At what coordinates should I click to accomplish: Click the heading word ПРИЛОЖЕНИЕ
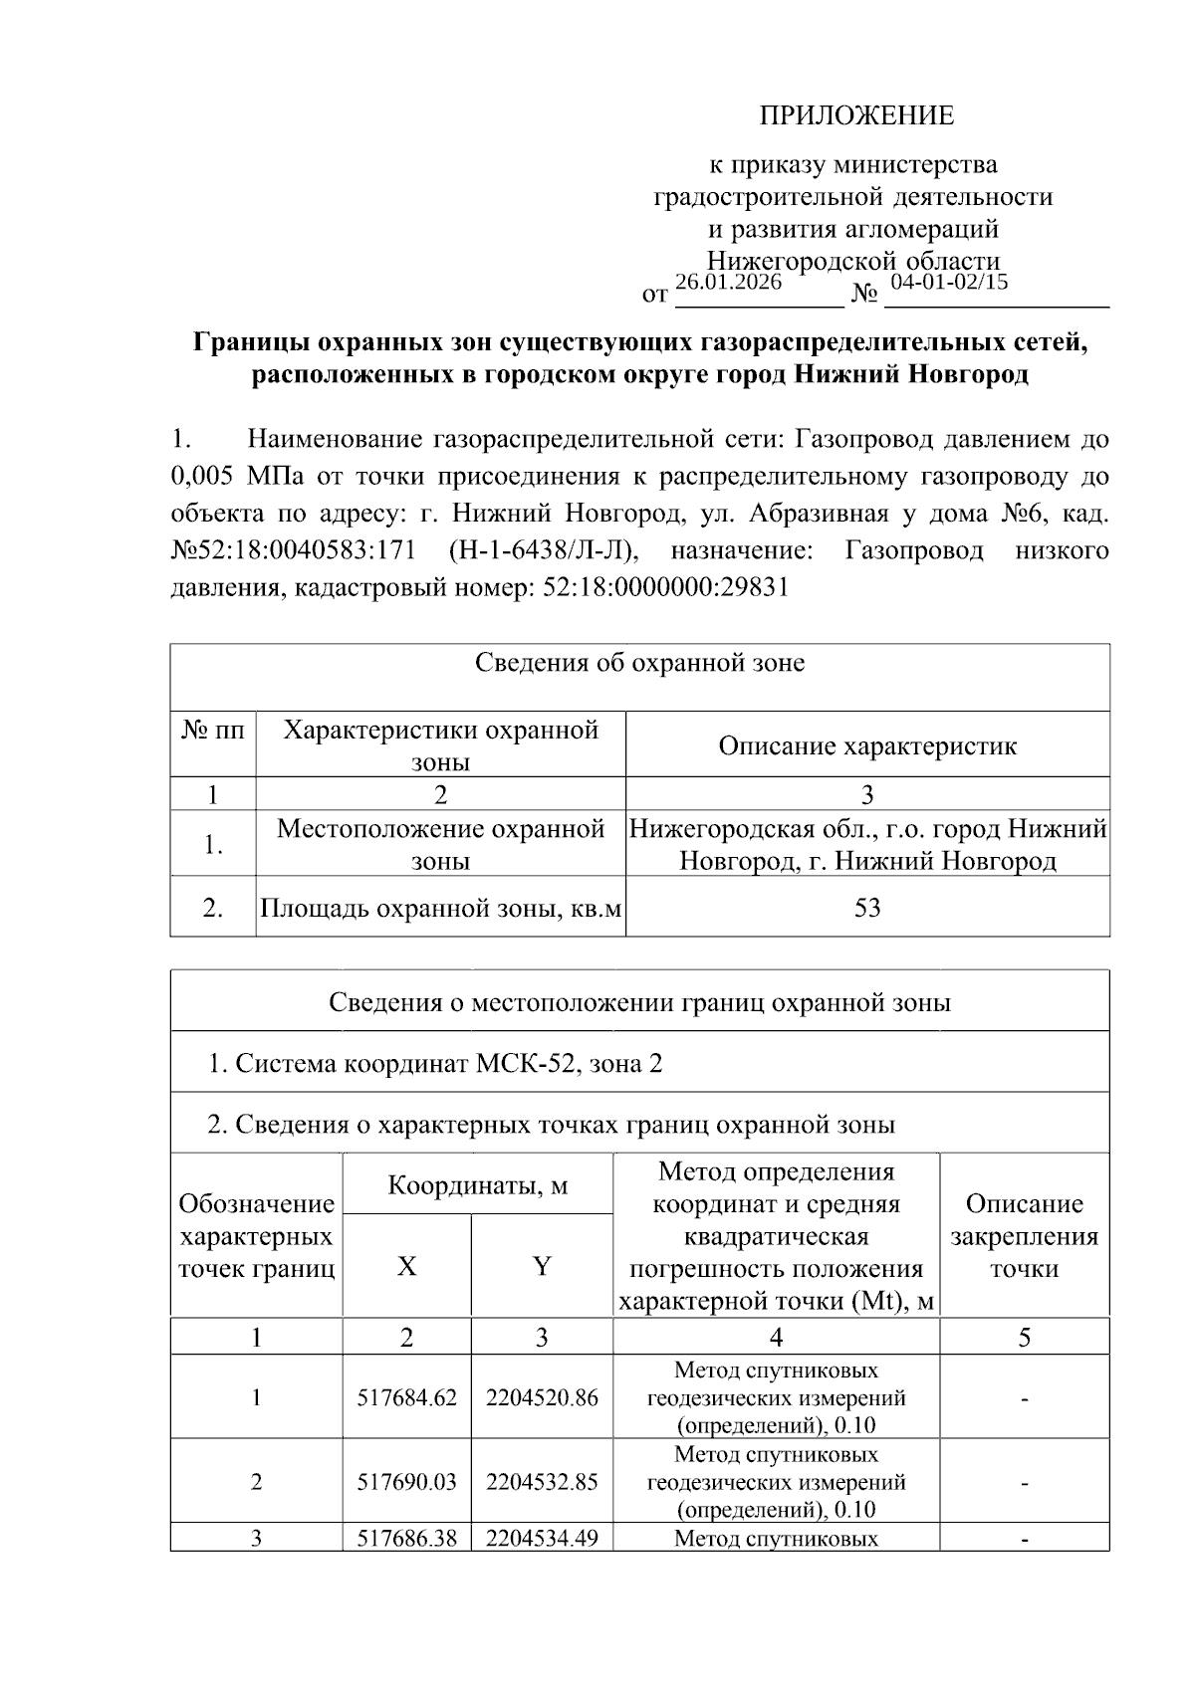pyautogui.click(x=856, y=116)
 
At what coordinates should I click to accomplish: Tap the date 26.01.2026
pyautogui.click(x=728, y=282)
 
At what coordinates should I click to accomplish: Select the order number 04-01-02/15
pyautogui.click(x=949, y=282)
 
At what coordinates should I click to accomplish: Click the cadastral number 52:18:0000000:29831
pyautogui.click(x=666, y=587)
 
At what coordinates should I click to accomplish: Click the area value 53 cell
pyautogui.click(x=866, y=907)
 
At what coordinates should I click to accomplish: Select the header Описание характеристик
pyautogui.click(x=866, y=745)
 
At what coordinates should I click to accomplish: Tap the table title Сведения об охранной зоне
pyautogui.click(x=639, y=663)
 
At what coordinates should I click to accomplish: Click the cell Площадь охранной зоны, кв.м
pyautogui.click(x=440, y=907)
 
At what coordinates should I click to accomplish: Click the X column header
pyautogui.click(x=406, y=1266)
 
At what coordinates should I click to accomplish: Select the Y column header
pyautogui.click(x=541, y=1266)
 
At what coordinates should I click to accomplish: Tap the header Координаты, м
pyautogui.click(x=477, y=1185)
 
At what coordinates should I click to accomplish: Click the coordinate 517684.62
pyautogui.click(x=406, y=1397)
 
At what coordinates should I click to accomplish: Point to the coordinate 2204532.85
pyautogui.click(x=542, y=1481)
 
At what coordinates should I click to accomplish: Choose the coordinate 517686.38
pyautogui.click(x=406, y=1539)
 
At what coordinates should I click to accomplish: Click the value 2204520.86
pyautogui.click(x=542, y=1397)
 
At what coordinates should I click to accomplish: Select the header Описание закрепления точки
pyautogui.click(x=1024, y=1236)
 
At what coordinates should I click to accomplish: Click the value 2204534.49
pyautogui.click(x=542, y=1539)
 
